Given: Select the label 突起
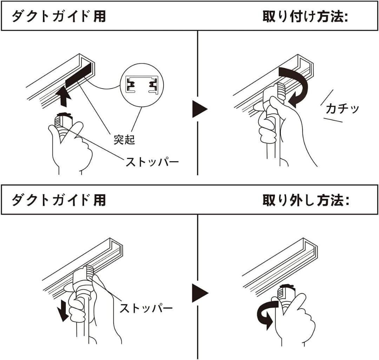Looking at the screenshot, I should (124, 140).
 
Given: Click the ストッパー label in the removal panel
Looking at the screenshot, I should (146, 308).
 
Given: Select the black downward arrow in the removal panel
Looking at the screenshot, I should (63, 310).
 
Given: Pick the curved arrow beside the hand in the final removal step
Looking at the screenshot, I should (266, 314).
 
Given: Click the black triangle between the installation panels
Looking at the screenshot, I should (200, 109).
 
